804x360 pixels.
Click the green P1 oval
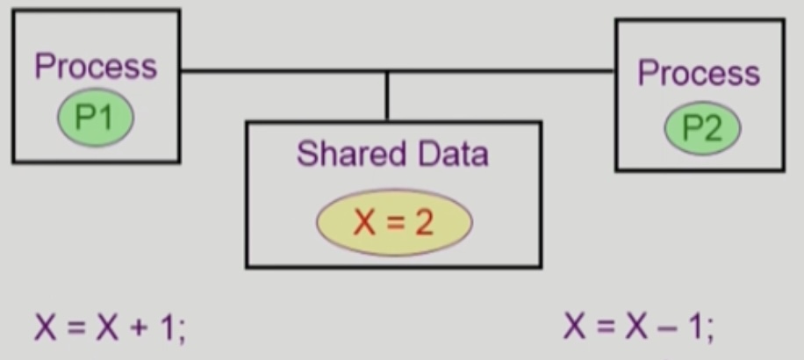96,118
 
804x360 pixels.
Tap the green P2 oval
701,128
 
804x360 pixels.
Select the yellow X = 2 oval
394,222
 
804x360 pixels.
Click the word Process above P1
96,67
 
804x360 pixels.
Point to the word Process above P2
699,73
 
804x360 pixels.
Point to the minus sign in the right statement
672,328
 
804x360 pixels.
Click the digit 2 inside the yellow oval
424,222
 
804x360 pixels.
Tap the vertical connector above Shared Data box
387,97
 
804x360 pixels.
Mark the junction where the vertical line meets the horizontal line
387,71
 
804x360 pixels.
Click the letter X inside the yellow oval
363,222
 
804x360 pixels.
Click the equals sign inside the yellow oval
394,223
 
